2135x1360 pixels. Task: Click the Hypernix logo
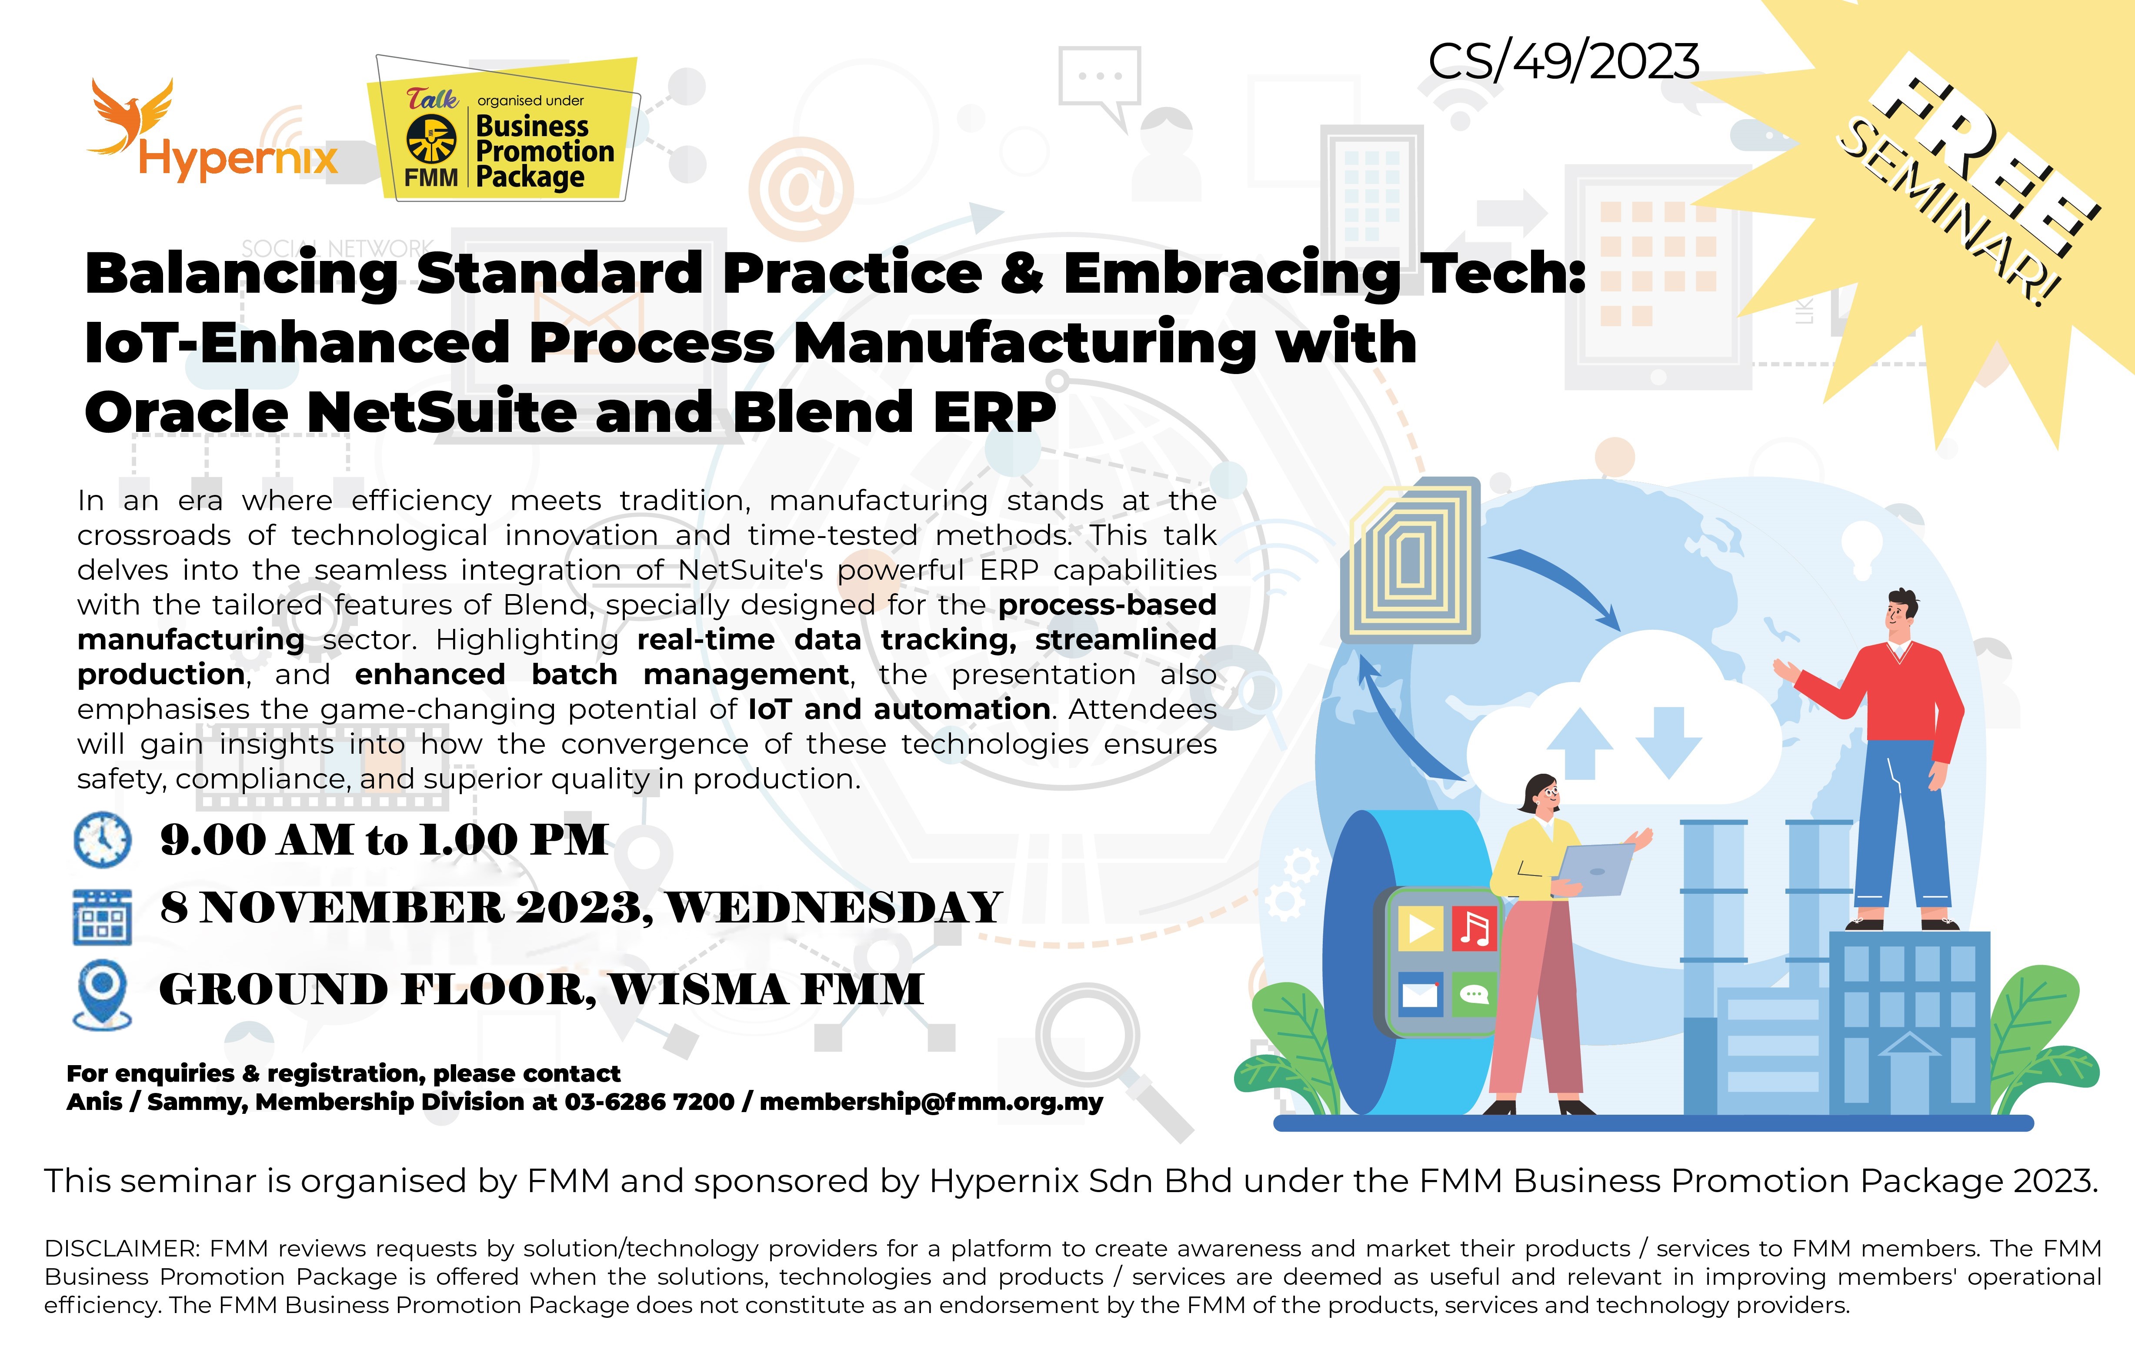coord(213,133)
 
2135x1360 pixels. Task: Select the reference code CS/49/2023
coord(1563,62)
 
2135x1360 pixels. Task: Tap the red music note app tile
coord(1474,927)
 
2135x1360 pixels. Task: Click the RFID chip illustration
coord(1410,560)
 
